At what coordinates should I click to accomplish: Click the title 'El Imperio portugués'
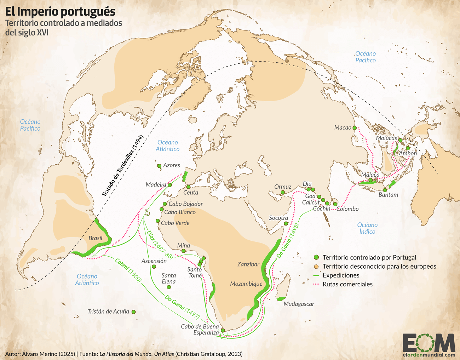click(x=60, y=11)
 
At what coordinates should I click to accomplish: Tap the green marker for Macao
click(x=355, y=127)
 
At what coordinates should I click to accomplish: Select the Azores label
click(x=172, y=165)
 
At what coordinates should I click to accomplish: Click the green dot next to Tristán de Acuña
click(x=134, y=312)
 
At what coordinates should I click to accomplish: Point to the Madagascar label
click(x=299, y=304)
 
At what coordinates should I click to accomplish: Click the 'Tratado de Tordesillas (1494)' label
click(x=122, y=166)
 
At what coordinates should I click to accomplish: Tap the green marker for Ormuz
click(x=283, y=192)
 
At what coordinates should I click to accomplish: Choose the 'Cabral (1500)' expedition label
click(x=128, y=270)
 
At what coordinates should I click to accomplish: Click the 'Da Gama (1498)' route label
click(x=288, y=241)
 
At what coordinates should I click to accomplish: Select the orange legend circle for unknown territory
click(x=316, y=266)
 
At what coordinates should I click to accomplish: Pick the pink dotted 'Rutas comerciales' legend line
click(x=316, y=284)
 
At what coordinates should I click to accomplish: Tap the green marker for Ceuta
click(x=188, y=187)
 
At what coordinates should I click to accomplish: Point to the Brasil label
click(x=95, y=238)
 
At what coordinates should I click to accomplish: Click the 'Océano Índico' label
click(x=367, y=228)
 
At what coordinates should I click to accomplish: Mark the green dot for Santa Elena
click(x=169, y=287)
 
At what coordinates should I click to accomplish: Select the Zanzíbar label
click(x=248, y=264)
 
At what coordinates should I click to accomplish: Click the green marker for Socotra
click(x=286, y=223)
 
